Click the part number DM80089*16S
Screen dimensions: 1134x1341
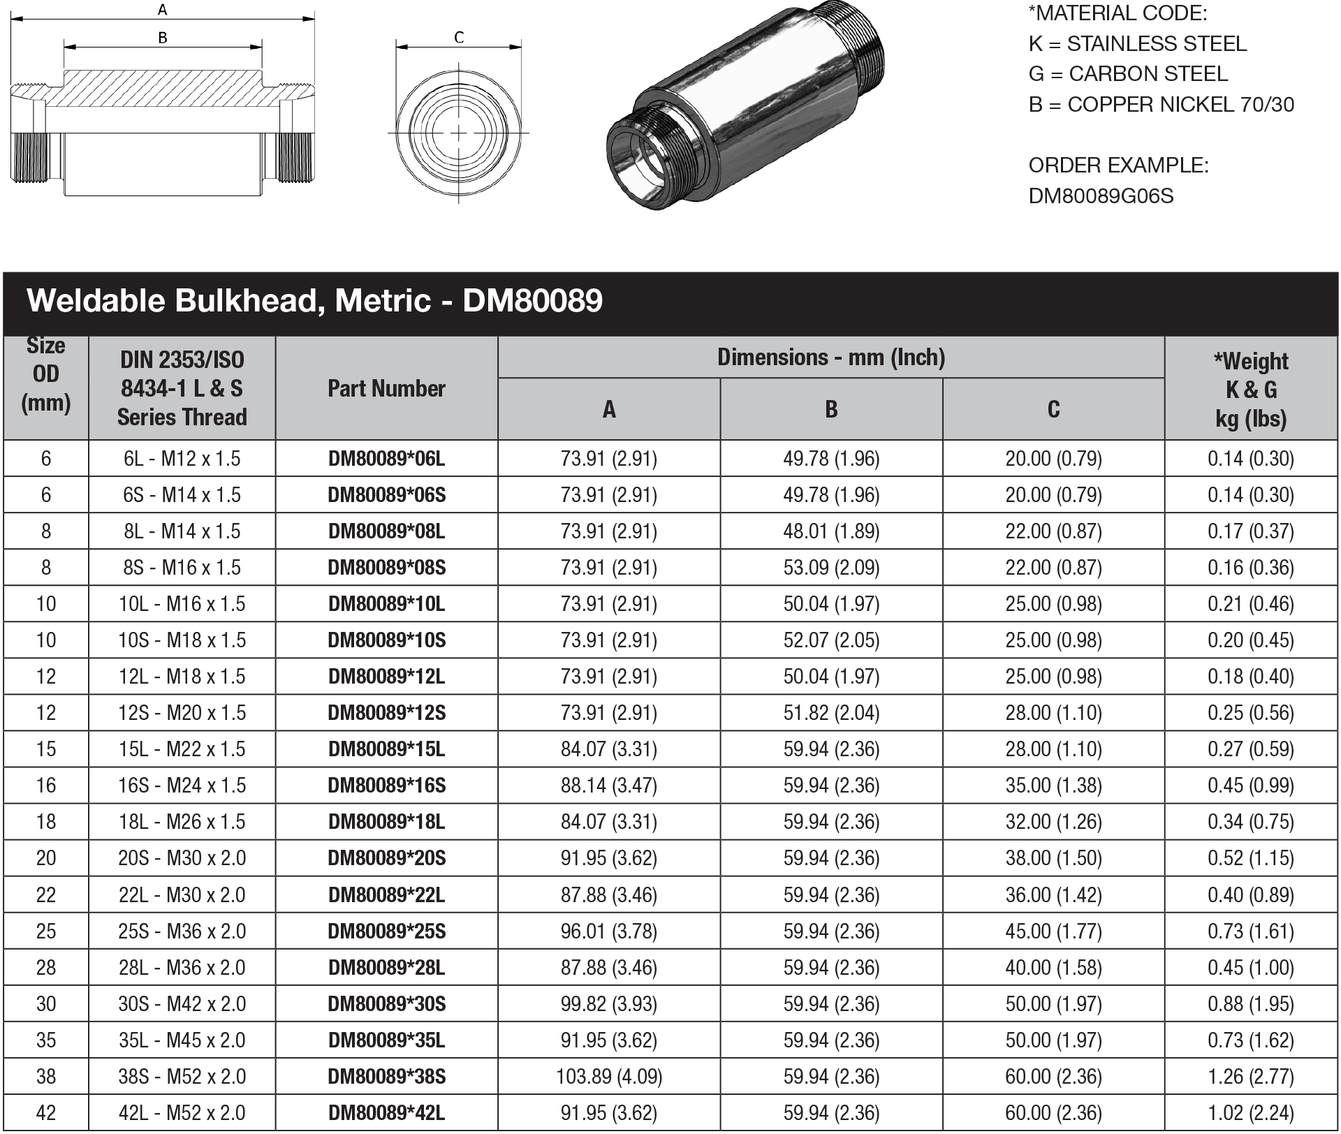pos(386,786)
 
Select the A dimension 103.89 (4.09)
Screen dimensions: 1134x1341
pos(608,1077)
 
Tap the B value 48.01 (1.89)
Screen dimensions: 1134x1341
pos(831,531)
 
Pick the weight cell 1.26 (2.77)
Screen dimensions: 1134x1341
pos(1250,1077)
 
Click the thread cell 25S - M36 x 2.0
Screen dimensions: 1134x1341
pos(182,931)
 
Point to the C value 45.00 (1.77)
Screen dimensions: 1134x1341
pos(1053,931)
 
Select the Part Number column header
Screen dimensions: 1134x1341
pos(386,388)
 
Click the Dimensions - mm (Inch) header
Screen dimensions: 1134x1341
pos(831,358)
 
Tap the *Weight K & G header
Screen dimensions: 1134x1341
pos(1250,389)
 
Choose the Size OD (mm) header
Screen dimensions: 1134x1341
pos(46,375)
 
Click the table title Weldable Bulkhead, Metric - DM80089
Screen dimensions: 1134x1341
pos(314,301)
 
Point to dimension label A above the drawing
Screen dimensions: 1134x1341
pos(163,10)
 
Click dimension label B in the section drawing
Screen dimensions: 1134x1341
pos(163,38)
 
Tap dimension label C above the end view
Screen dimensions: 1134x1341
pos(459,38)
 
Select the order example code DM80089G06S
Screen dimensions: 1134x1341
pos(1101,196)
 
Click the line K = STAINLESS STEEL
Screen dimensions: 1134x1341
pos(1137,44)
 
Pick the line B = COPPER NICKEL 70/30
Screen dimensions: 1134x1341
pos(1161,105)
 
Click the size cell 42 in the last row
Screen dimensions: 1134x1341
pos(46,1113)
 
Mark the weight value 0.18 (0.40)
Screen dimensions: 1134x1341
pos(1250,677)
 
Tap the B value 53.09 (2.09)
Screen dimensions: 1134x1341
pos(831,568)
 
